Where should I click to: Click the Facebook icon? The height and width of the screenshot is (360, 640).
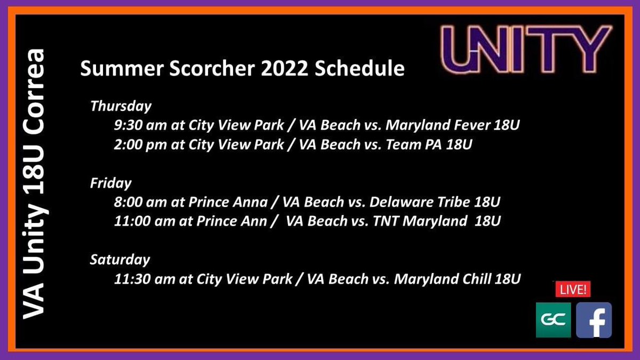[x=594, y=320]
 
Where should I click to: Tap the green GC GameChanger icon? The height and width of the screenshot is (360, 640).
[x=553, y=320]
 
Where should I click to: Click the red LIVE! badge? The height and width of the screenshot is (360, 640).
[x=573, y=290]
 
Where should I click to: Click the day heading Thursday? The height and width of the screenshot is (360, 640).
[x=121, y=106]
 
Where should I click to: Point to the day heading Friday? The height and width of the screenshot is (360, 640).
[x=110, y=183]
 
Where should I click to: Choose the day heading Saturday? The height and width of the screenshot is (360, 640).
[x=119, y=260]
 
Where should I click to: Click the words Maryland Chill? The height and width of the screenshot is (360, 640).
[x=438, y=279]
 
